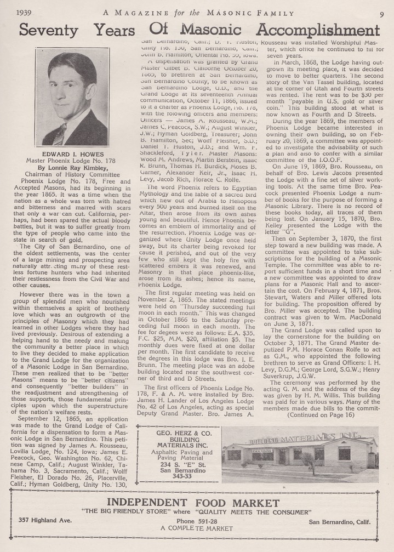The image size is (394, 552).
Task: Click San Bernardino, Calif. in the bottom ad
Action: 342,521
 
